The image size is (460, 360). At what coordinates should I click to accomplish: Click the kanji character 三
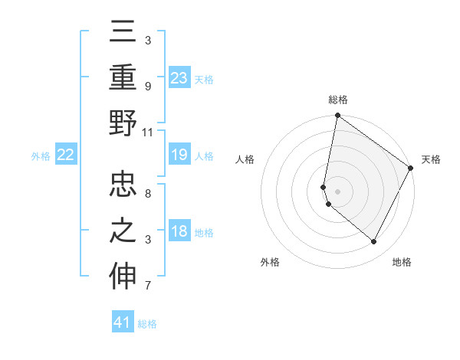point(123,34)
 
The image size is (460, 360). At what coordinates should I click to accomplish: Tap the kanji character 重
point(123,78)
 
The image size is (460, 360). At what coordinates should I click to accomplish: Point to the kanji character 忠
point(123,185)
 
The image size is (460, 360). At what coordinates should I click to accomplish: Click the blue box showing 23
point(179,78)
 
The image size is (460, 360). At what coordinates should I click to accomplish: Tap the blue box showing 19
point(179,155)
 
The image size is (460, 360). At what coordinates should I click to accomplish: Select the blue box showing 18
point(179,232)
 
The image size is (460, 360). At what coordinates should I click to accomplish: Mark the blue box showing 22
point(66,155)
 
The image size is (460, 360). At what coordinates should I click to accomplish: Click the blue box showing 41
point(123,322)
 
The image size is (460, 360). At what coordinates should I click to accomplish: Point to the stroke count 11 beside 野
point(148,132)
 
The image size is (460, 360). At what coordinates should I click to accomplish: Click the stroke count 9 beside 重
point(148,87)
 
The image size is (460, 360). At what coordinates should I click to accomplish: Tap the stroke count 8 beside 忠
point(148,194)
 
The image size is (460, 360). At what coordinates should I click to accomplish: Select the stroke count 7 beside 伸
point(148,286)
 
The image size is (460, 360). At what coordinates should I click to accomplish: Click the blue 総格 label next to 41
point(147,324)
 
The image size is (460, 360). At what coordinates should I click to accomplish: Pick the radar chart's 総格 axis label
point(338,100)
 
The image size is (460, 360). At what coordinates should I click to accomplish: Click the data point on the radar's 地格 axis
point(374,242)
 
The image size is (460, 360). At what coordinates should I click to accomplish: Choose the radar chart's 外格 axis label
point(270,263)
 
